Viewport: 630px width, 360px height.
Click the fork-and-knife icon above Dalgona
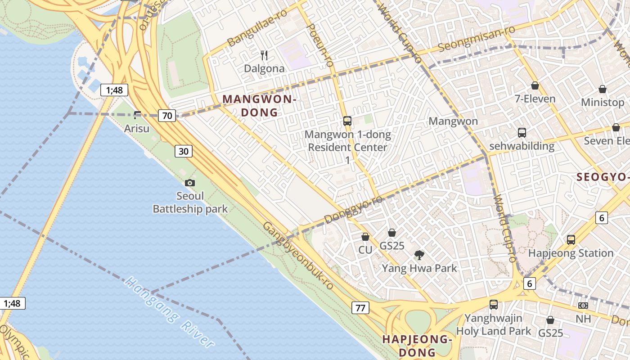point(265,55)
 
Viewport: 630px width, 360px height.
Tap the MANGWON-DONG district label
point(260,106)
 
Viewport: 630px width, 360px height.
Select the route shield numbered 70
point(167,116)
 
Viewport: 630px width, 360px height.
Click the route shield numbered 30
point(184,151)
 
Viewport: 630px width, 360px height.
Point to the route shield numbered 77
point(360,308)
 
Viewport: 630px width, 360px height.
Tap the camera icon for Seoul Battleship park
point(190,183)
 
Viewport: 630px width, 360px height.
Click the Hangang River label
point(170,312)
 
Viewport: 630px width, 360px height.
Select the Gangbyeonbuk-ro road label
point(298,255)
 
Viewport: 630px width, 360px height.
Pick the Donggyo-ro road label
point(353,209)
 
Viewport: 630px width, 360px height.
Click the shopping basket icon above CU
point(365,236)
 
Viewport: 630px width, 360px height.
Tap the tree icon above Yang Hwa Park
point(419,255)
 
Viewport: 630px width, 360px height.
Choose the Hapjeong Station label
point(571,253)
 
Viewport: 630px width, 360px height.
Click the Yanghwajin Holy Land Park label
point(494,324)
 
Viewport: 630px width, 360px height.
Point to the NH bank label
point(583,319)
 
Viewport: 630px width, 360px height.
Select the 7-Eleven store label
point(535,99)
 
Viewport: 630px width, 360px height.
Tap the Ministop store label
point(603,102)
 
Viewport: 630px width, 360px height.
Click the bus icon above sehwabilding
point(522,133)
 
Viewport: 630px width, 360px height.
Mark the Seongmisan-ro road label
point(477,39)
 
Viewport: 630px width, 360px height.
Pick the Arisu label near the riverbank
point(136,128)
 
